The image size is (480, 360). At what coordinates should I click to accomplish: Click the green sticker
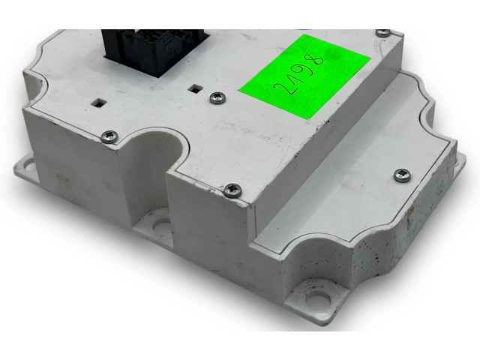coord(305,76)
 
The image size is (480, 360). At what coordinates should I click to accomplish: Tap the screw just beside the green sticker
coord(218,98)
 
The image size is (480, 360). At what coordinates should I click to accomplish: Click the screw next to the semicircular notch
coord(109,136)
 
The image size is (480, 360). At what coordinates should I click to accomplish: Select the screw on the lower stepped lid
coord(402,175)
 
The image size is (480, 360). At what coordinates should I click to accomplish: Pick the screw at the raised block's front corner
coord(232,190)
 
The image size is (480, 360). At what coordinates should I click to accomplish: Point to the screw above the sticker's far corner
coord(382,33)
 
